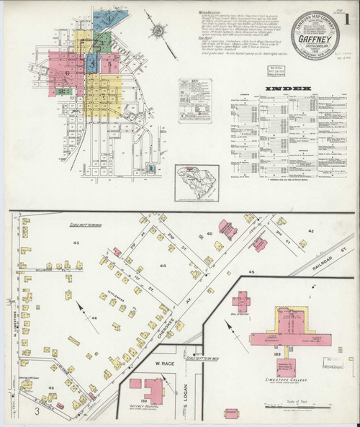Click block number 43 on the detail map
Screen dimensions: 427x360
coord(77,243)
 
